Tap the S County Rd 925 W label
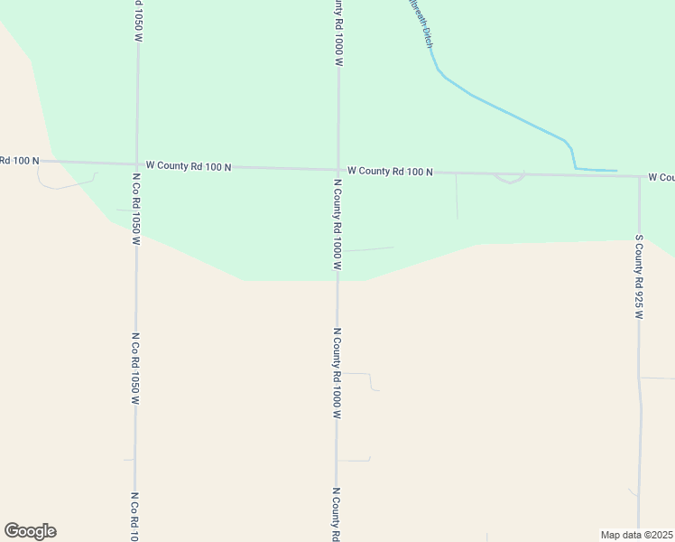639,277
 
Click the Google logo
30,531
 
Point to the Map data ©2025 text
636,535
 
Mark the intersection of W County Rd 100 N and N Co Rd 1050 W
136,164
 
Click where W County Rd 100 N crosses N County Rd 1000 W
338,169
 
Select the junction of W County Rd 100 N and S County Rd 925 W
639,176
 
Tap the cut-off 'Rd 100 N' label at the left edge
20,161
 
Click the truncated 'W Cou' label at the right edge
661,178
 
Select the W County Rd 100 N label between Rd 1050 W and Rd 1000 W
189,166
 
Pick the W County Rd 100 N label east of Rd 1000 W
390,171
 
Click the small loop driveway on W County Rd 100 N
510,179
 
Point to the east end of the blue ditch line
616,171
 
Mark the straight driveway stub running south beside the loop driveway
457,196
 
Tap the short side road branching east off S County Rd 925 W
657,378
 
